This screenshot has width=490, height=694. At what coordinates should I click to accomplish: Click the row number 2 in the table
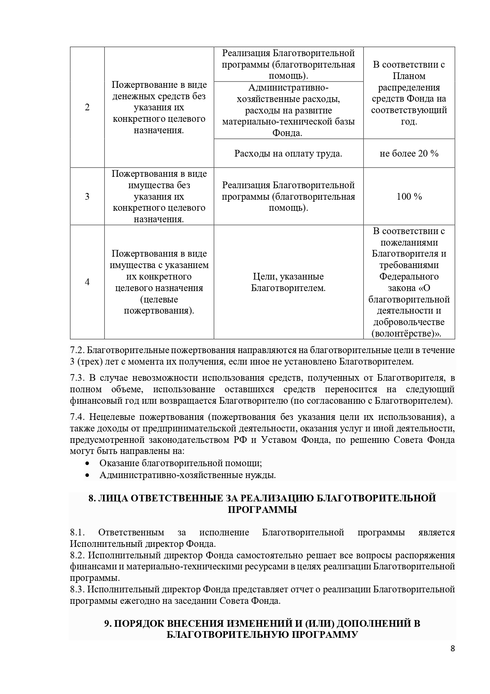pos(87,108)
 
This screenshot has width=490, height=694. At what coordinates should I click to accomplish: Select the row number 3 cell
pos(87,197)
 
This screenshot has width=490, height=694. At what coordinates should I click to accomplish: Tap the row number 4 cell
pos(87,282)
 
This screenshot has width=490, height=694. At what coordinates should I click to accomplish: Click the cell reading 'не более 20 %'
pos(409,153)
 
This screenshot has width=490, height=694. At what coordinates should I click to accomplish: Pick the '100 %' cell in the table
pos(409,197)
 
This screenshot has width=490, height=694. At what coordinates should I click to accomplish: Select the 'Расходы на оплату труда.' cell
pos(288,153)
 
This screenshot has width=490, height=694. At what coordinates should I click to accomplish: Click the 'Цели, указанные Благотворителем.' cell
pos(288,282)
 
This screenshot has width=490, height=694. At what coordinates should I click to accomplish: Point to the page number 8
pos(452,649)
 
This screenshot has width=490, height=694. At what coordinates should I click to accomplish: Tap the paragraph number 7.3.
pos(77,378)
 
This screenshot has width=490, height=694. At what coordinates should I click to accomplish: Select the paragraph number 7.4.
pos(77,417)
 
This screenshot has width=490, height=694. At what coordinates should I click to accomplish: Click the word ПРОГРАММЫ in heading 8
pos(262,510)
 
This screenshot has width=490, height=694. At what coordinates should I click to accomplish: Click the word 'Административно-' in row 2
pos(288,88)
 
